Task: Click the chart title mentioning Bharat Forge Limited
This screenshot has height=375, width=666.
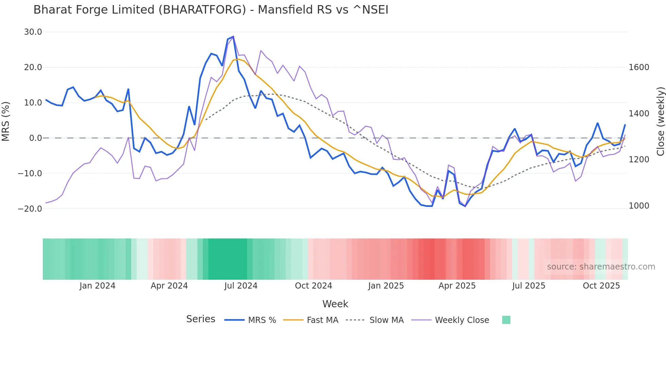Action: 211,10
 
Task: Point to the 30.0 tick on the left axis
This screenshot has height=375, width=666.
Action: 33,32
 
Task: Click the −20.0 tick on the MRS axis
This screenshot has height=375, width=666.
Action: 30,209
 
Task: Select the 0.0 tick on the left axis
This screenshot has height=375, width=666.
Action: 36,138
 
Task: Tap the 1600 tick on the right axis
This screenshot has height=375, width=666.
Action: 639,67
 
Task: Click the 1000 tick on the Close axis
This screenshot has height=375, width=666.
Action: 639,206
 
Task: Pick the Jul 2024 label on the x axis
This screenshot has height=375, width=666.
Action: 241,286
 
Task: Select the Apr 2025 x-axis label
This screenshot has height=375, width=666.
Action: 457,286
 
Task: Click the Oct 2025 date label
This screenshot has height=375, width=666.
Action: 601,286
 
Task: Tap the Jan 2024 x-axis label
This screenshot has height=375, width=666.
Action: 97,286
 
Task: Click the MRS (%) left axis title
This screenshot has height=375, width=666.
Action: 6,121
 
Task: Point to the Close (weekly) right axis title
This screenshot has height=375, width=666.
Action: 660,121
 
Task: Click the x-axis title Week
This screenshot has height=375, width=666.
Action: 335,304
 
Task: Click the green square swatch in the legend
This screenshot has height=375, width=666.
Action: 506,320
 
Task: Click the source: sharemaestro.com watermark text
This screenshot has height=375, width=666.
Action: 601,267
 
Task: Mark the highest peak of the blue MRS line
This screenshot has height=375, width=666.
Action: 233,36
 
